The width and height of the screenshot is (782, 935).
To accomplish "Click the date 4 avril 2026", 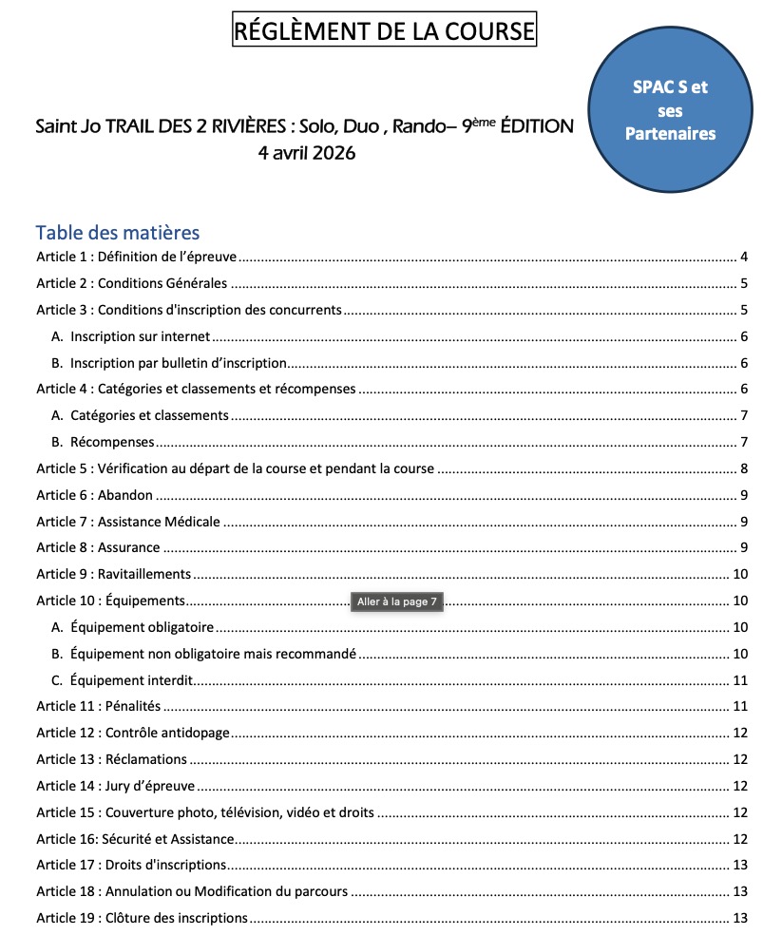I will pyautogui.click(x=307, y=152).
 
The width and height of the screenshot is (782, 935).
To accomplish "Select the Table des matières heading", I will pyautogui.click(x=117, y=233).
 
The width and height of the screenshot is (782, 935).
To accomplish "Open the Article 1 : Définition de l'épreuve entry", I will pyautogui.click(x=136, y=258).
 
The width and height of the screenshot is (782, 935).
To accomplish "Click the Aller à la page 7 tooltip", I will pyautogui.click(x=397, y=602).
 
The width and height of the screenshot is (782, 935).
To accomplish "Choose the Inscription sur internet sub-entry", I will pyautogui.click(x=140, y=336).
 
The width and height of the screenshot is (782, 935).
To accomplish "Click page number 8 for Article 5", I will pyautogui.click(x=745, y=468).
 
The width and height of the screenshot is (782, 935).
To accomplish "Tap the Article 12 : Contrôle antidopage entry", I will pyautogui.click(x=133, y=733).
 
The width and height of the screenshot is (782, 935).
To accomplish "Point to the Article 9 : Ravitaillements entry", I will pyautogui.click(x=114, y=574).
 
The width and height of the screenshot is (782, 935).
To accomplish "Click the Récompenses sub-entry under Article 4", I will pyautogui.click(x=112, y=442).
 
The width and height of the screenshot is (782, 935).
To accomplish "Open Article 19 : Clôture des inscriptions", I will pyautogui.click(x=142, y=918).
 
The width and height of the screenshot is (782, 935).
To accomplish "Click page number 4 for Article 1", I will pyautogui.click(x=745, y=258).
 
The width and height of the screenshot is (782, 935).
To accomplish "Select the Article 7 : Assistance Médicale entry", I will pyautogui.click(x=128, y=522).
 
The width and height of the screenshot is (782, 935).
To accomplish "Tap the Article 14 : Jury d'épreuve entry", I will pyautogui.click(x=115, y=786).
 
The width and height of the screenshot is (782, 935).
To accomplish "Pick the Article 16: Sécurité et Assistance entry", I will pyautogui.click(x=135, y=839).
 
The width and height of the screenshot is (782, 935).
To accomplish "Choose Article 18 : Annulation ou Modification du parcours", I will pyautogui.click(x=192, y=892).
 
